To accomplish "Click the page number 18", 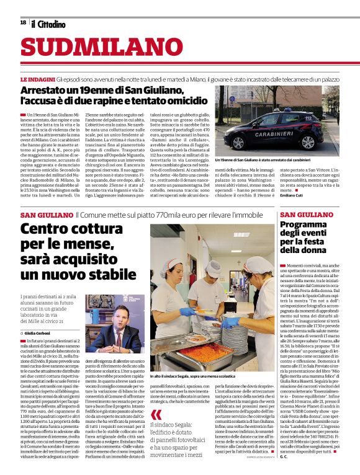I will pos(23,23).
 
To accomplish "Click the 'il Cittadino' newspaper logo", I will pos(49,24).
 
